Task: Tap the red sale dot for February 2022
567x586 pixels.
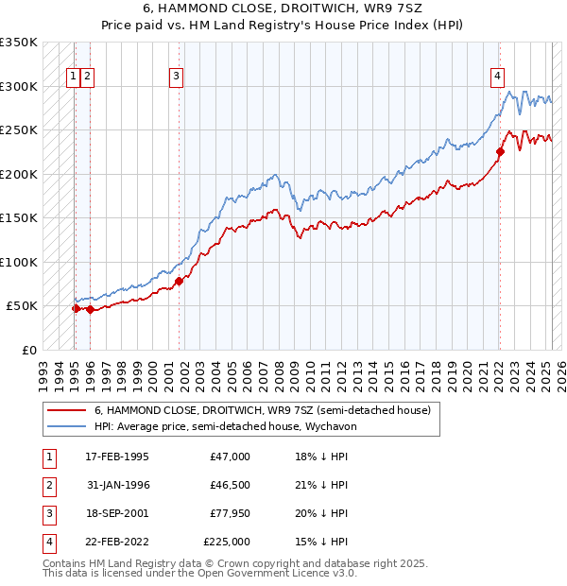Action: click(x=501, y=151)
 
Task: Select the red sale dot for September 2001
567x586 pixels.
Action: click(x=179, y=281)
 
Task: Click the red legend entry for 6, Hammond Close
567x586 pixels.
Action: click(x=262, y=410)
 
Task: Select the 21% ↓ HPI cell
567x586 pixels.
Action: click(x=320, y=485)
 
